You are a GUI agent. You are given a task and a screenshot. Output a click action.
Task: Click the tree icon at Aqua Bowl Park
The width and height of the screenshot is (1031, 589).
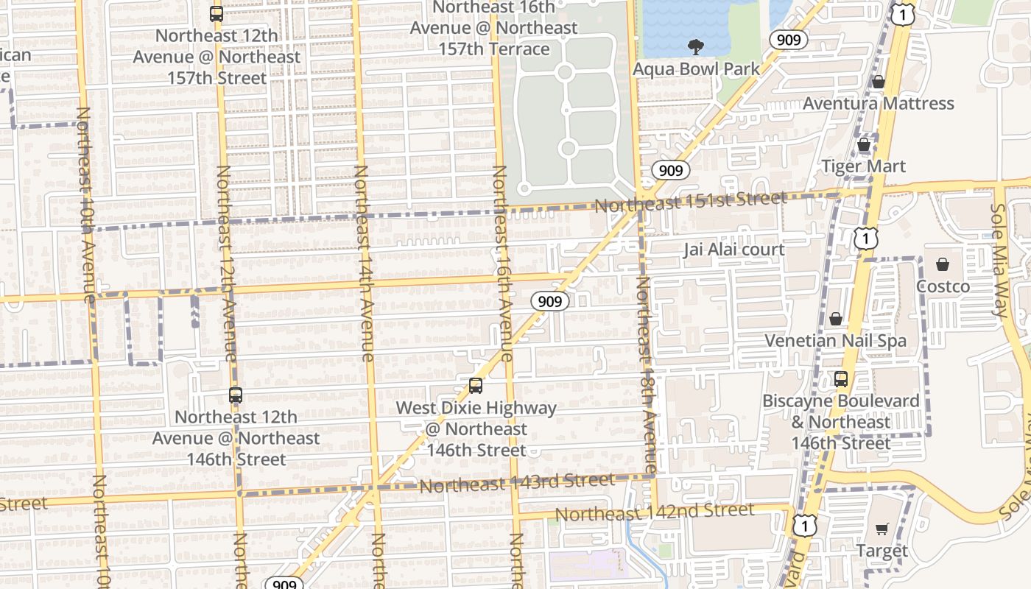[x=694, y=48]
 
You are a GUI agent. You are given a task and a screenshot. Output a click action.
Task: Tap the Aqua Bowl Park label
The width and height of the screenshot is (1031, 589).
[x=697, y=69]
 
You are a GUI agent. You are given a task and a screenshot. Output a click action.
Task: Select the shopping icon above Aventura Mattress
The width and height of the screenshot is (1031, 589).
[x=878, y=82]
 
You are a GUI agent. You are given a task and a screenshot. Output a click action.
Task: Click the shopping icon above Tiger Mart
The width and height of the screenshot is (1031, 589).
[x=864, y=145]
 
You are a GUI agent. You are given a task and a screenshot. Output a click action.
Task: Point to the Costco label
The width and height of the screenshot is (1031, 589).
[x=943, y=286]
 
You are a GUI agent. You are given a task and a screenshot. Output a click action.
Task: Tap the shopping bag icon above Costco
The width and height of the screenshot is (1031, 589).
[x=942, y=264]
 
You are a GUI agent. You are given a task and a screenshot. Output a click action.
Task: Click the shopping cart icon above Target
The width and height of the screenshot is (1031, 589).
[x=882, y=529]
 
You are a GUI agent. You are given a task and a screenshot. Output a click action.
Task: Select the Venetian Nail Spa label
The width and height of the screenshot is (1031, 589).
[x=835, y=340]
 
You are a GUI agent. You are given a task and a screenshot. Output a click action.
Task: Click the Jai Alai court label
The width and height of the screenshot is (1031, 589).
[x=733, y=250]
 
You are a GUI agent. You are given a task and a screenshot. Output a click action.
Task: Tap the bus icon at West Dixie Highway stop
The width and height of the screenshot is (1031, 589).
[x=476, y=386]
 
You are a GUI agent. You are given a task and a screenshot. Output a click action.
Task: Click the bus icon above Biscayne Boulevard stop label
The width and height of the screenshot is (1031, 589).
[x=840, y=380]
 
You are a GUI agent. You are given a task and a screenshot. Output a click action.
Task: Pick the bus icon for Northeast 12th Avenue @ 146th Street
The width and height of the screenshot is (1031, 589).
[x=236, y=395]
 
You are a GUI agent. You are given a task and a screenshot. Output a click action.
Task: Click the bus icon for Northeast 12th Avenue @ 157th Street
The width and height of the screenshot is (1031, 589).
[x=216, y=14]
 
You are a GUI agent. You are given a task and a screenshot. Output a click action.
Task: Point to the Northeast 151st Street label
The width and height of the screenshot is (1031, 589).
[x=690, y=200]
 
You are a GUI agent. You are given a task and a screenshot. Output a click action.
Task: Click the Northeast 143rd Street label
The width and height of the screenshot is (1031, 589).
[x=516, y=483]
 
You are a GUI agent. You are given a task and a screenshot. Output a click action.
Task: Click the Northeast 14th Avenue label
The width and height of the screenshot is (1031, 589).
[x=364, y=263]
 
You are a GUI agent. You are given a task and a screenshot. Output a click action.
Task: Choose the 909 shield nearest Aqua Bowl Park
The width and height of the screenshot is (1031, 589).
[x=788, y=39]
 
